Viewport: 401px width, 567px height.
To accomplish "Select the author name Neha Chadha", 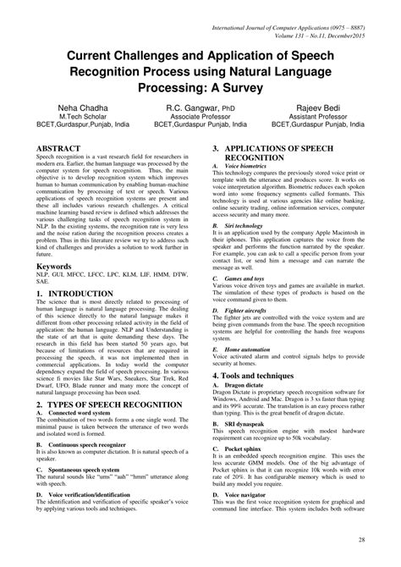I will coord(67,108).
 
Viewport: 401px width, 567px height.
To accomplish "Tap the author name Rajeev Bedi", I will coord(335,108).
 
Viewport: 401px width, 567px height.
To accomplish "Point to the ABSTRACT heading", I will coord(59,147).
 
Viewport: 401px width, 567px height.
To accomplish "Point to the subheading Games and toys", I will coord(258,301).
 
